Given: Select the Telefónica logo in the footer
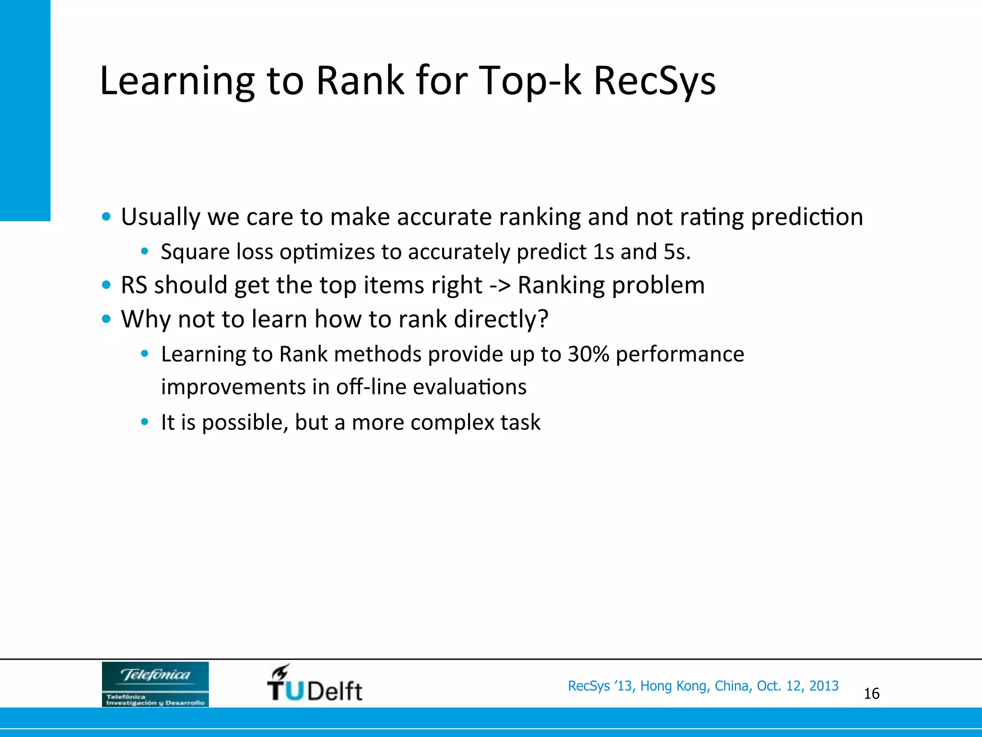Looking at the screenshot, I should [x=155, y=684].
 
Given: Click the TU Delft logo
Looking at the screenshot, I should [x=315, y=684].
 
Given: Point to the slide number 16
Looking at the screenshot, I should [x=871, y=693].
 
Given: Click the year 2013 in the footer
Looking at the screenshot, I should [x=824, y=686].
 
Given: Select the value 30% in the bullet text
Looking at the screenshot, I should [x=588, y=354].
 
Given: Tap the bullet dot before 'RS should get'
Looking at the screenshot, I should [x=106, y=285].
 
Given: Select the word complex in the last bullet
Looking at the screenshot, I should [x=452, y=422].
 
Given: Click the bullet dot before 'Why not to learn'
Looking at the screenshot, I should [x=106, y=319].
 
